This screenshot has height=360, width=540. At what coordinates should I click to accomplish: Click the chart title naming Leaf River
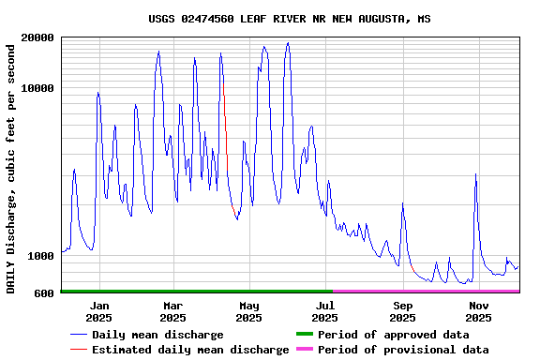point(290,19)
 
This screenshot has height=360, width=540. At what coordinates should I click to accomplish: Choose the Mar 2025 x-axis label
point(173,311)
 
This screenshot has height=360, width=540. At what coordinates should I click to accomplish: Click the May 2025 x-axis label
point(248,311)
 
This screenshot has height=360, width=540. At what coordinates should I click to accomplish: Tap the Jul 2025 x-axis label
point(324,311)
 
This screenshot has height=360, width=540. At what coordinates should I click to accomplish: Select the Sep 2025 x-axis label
point(402,311)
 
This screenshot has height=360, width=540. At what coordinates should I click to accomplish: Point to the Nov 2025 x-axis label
point(478,311)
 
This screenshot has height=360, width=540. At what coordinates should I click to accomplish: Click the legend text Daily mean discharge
point(157,335)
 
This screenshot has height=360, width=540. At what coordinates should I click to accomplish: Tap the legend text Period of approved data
point(393,335)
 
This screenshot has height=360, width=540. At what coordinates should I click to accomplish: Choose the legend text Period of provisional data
point(403,350)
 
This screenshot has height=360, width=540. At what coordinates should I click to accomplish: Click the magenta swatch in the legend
point(304,350)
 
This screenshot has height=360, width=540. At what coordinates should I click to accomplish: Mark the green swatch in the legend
point(304,335)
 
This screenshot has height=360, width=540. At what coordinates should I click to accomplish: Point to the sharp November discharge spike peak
point(476,175)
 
